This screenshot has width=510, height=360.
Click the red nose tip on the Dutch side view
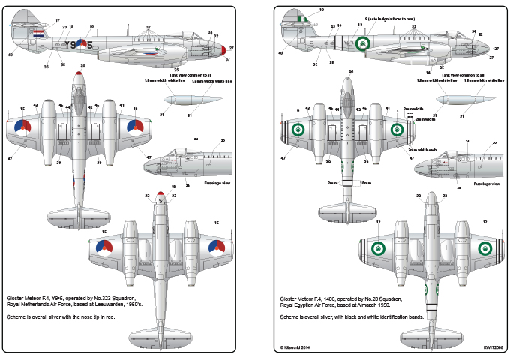point(226,51)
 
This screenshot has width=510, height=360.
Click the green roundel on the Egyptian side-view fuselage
point(363,43)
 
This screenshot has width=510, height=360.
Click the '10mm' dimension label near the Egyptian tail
point(365,182)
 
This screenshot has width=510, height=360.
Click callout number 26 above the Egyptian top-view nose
point(351,71)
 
